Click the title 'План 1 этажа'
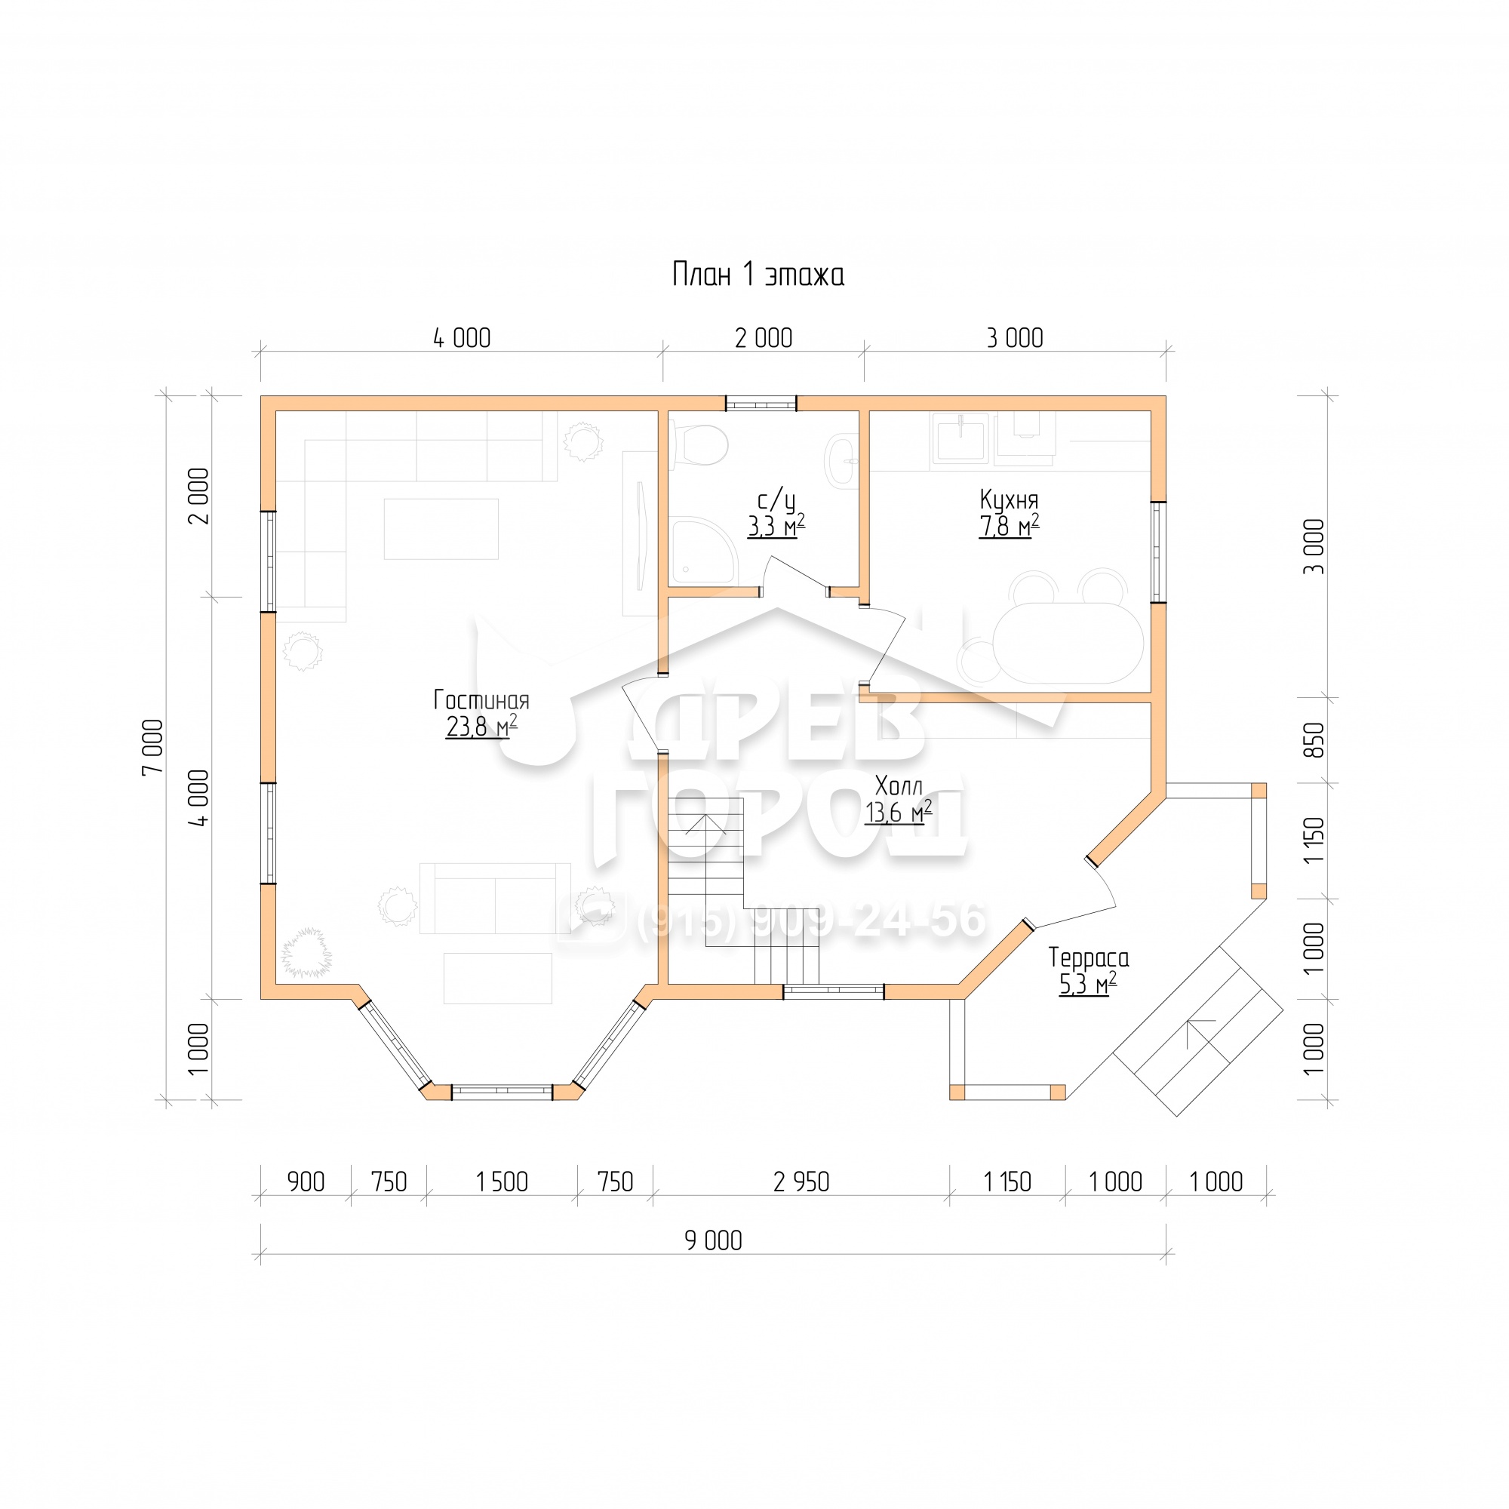758,275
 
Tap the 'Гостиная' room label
481,700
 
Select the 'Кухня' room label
1009,500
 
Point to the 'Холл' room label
899,785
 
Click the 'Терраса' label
1088,957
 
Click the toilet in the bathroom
698,445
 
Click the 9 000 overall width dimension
713,1240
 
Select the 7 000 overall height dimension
154,747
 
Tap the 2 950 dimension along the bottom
801,1182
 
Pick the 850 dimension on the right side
1314,739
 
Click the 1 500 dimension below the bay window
502,1182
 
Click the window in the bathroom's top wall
761,404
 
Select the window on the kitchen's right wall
1158,552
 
